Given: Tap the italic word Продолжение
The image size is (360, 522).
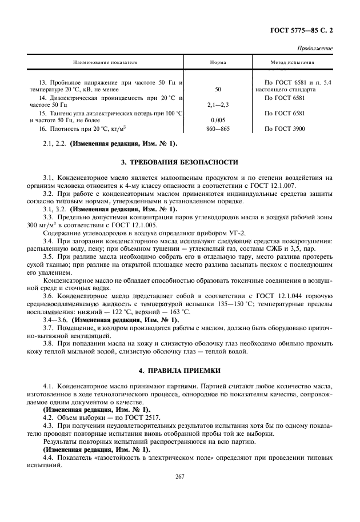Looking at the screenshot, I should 316,49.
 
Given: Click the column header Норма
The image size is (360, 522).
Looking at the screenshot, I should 218,62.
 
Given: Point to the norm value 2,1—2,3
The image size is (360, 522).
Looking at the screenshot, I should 218,106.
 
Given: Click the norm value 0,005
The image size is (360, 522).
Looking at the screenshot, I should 218,121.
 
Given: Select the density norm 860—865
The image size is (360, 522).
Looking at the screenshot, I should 218,129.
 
